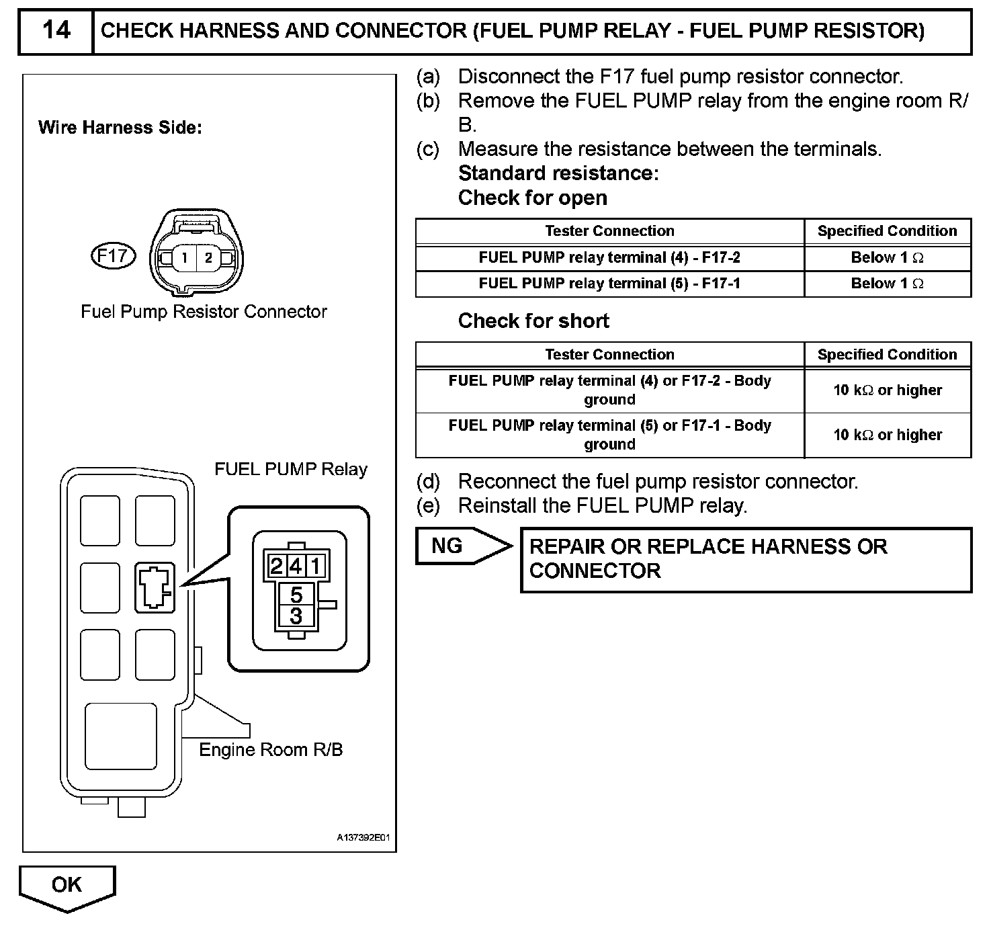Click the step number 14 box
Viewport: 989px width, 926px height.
[x=56, y=31]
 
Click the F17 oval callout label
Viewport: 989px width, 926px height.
[x=113, y=256]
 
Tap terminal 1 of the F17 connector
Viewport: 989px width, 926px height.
[x=184, y=257]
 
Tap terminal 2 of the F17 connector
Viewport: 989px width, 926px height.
[x=209, y=257]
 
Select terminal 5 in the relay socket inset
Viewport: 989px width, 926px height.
[x=296, y=595]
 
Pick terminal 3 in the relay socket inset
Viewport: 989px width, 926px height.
[x=296, y=616]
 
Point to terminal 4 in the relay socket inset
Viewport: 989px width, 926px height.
[x=296, y=566]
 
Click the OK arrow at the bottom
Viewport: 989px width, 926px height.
[x=67, y=886]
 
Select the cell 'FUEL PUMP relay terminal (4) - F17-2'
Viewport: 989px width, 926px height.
[x=609, y=258]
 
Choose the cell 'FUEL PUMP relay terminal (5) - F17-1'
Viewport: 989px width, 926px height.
[x=609, y=284]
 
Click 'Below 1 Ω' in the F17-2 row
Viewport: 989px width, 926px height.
[x=887, y=258]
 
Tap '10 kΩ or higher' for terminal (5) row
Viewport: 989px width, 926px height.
[x=887, y=435]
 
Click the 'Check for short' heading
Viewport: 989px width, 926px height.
[x=533, y=321]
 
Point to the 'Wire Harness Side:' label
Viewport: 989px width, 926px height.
[x=120, y=128]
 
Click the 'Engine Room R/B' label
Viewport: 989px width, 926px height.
[x=271, y=750]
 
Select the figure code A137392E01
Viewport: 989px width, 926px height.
[x=363, y=838]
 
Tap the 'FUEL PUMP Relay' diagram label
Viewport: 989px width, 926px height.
[x=291, y=469]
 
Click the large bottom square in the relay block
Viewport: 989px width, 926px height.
[x=121, y=736]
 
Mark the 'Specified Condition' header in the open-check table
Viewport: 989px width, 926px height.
[x=887, y=231]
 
